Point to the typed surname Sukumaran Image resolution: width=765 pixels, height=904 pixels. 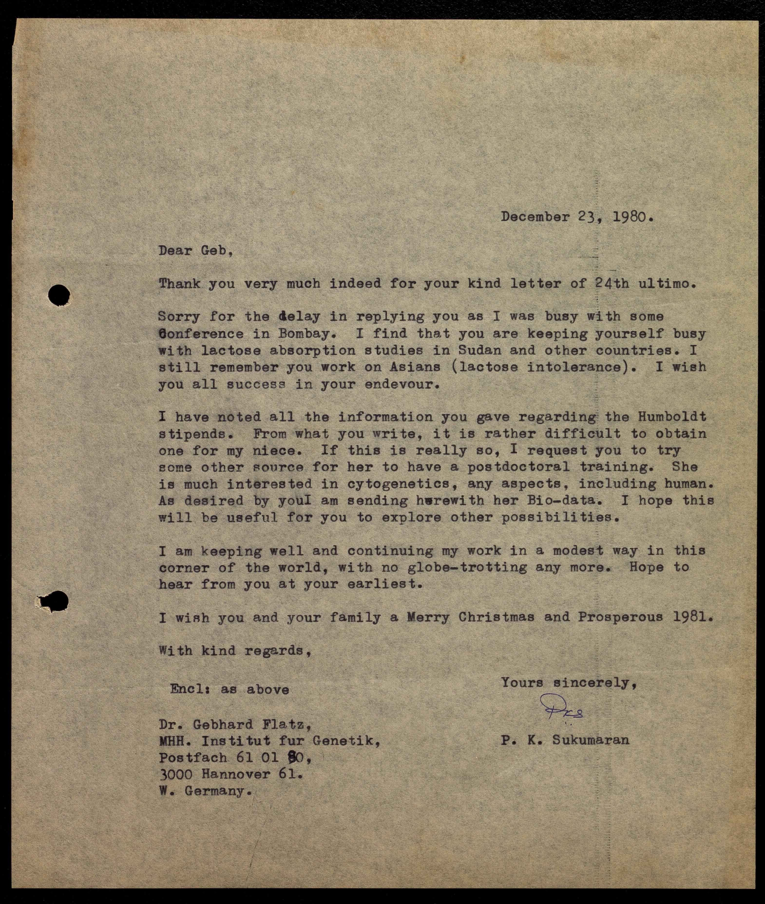coord(591,739)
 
